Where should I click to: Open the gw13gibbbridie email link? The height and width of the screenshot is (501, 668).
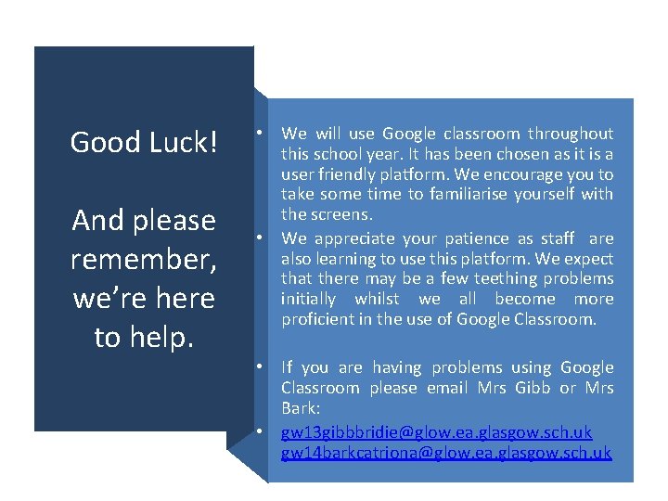coord(436,432)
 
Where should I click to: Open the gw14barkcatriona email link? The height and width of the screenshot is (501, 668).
coord(446,453)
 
